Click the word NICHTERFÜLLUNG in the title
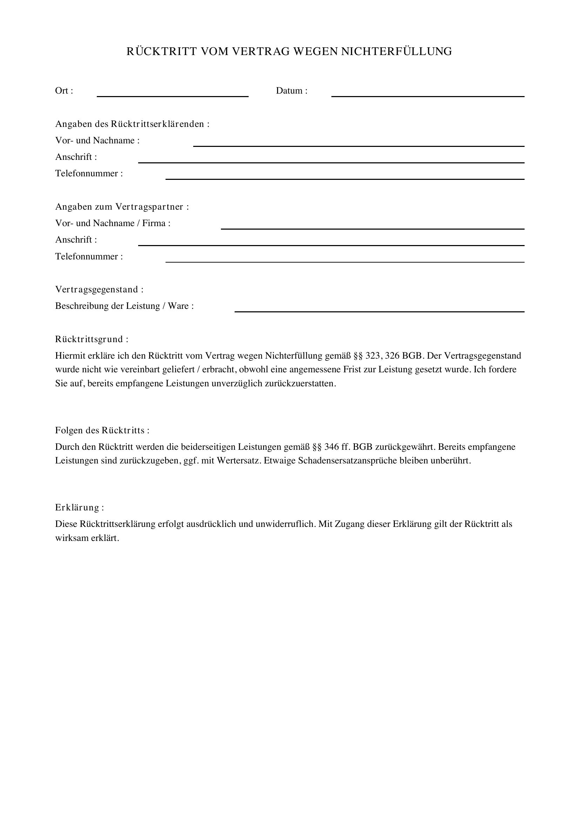pos(397,52)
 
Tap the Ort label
pos(64,91)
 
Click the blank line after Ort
pos(173,95)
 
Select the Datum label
pos(291,91)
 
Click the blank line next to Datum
pos(427,95)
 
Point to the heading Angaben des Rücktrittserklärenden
pos(132,124)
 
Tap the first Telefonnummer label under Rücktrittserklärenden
pos(89,174)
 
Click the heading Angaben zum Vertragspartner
pos(122,207)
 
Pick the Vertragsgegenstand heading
pos(99,289)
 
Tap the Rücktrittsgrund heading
pos(92,339)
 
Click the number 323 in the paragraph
pos(372,356)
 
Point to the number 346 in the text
pos(331,447)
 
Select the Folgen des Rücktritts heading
pos(102,431)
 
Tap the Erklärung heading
pos(79,508)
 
